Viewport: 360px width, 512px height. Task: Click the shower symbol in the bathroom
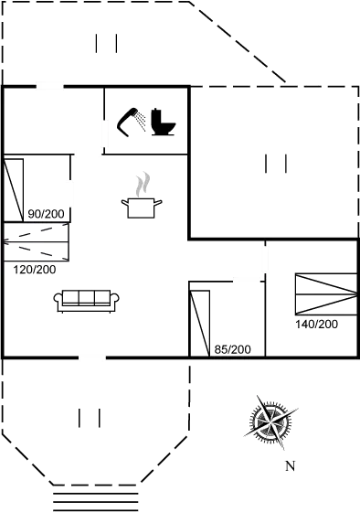pos(132,122)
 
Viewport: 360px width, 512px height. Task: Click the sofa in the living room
pos(88,299)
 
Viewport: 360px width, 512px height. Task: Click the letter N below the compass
pos(290,466)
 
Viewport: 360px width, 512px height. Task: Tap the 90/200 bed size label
pos(46,215)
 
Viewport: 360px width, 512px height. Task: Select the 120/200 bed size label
pos(35,270)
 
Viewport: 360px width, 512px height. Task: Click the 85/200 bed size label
pos(232,349)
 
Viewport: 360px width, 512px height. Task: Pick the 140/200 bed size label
pos(317,324)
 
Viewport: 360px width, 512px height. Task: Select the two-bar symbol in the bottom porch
pos(89,418)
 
